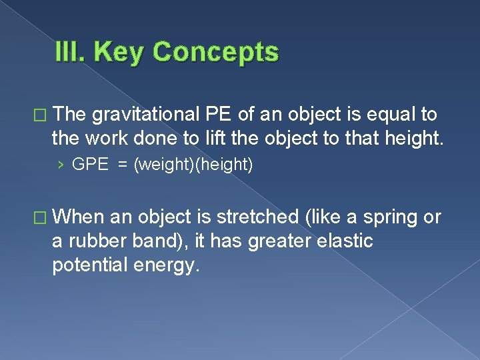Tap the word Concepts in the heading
pos(215,52)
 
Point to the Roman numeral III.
pos(72,52)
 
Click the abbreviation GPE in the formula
pos(90,165)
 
